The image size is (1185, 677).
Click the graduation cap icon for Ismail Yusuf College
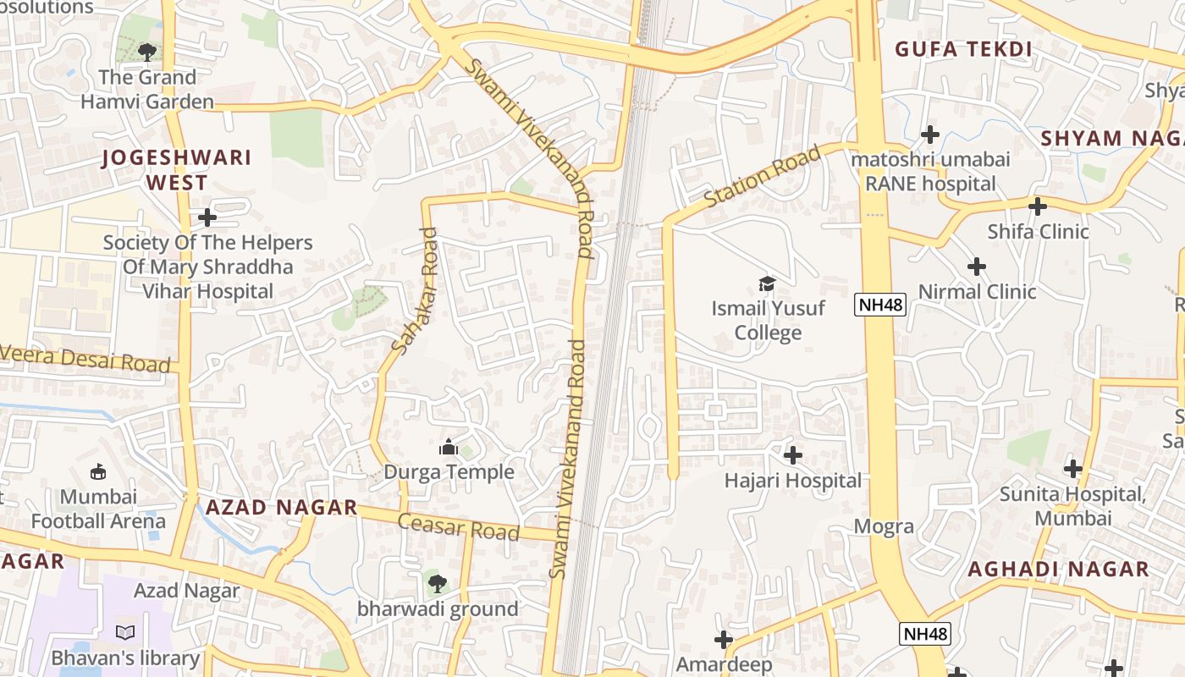767,283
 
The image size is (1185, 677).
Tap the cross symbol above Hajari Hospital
792,455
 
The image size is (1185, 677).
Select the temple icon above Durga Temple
449,446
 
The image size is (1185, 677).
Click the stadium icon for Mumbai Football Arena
98,471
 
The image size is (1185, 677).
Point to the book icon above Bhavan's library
125,632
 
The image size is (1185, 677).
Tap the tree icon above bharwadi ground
437,583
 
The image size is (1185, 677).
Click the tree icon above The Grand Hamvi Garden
147,52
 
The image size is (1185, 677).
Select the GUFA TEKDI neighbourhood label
963,49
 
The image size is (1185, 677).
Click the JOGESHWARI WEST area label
177,169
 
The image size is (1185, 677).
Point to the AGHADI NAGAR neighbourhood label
1058,569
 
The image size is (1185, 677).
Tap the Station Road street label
763,176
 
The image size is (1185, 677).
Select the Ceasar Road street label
458,526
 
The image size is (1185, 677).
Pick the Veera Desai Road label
85,359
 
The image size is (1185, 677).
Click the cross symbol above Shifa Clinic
1037,206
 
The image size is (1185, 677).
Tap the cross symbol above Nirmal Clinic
976,267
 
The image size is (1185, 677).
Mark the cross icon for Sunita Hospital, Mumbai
1072,468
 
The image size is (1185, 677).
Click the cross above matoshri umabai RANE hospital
930,134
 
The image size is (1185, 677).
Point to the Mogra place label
884,526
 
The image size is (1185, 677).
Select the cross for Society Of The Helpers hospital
207,217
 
